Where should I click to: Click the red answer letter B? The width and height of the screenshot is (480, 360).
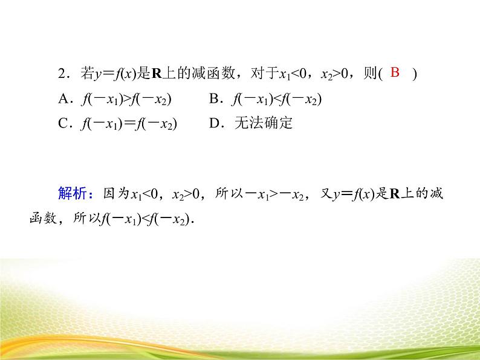[395, 73]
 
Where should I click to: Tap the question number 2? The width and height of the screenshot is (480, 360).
[61, 74]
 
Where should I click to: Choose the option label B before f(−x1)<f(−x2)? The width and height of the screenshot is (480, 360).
[213, 99]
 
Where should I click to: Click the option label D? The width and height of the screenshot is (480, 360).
[213, 123]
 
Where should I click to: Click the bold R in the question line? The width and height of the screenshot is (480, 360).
[156, 74]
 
